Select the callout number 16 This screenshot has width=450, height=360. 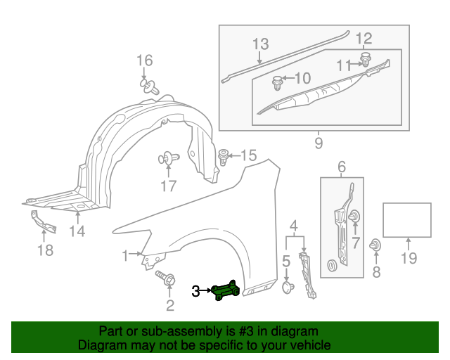143,60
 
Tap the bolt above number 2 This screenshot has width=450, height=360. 167,279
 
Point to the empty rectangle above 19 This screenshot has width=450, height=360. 406,220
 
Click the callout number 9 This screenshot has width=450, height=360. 318,143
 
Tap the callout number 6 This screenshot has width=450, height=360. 341,167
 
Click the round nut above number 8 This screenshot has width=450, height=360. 376,245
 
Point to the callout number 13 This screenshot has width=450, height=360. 260,44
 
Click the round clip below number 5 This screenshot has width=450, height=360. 287,287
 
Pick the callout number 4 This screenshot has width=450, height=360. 294,226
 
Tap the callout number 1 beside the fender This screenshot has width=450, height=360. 125,254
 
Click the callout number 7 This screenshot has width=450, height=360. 355,244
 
